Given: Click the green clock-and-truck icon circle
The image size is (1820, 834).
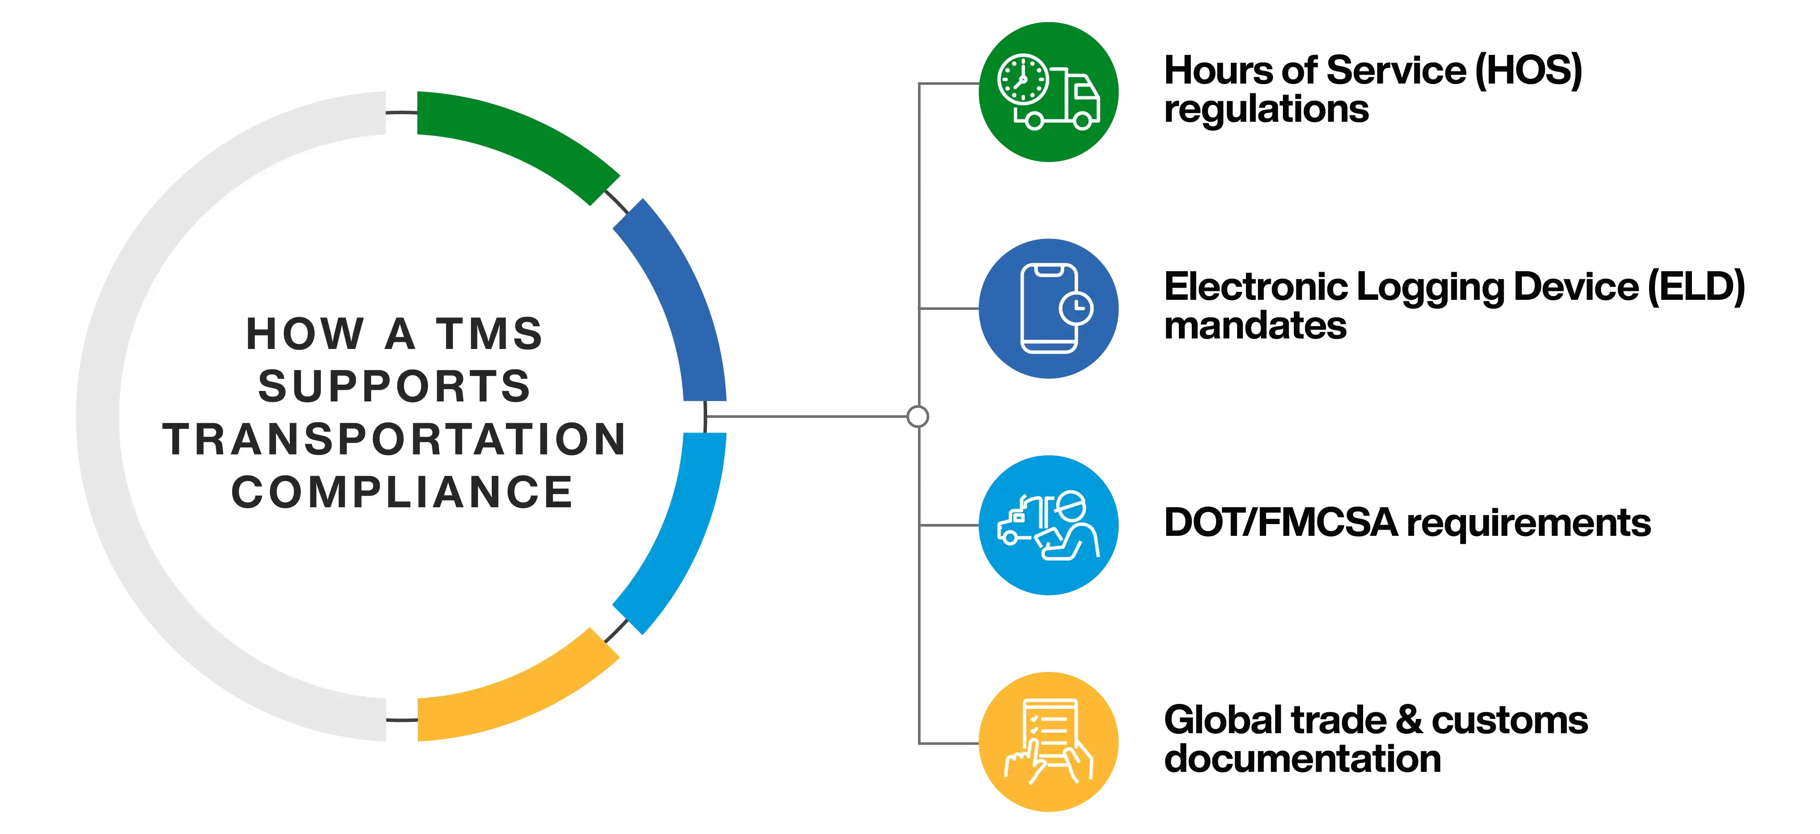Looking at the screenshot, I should pyautogui.click(x=1049, y=92).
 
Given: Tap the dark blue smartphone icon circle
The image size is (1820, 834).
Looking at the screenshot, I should pyautogui.click(x=1049, y=309).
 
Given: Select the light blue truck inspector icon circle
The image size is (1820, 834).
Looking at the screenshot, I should pyautogui.click(x=1049, y=525).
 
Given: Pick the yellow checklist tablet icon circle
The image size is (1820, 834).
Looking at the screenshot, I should pyautogui.click(x=1049, y=742).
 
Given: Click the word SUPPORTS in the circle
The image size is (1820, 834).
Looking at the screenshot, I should pyautogui.click(x=394, y=387).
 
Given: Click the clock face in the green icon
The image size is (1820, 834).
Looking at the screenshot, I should pyautogui.click(x=1023, y=79).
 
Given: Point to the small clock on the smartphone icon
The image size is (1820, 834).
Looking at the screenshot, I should pyautogui.click(x=1075, y=308).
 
